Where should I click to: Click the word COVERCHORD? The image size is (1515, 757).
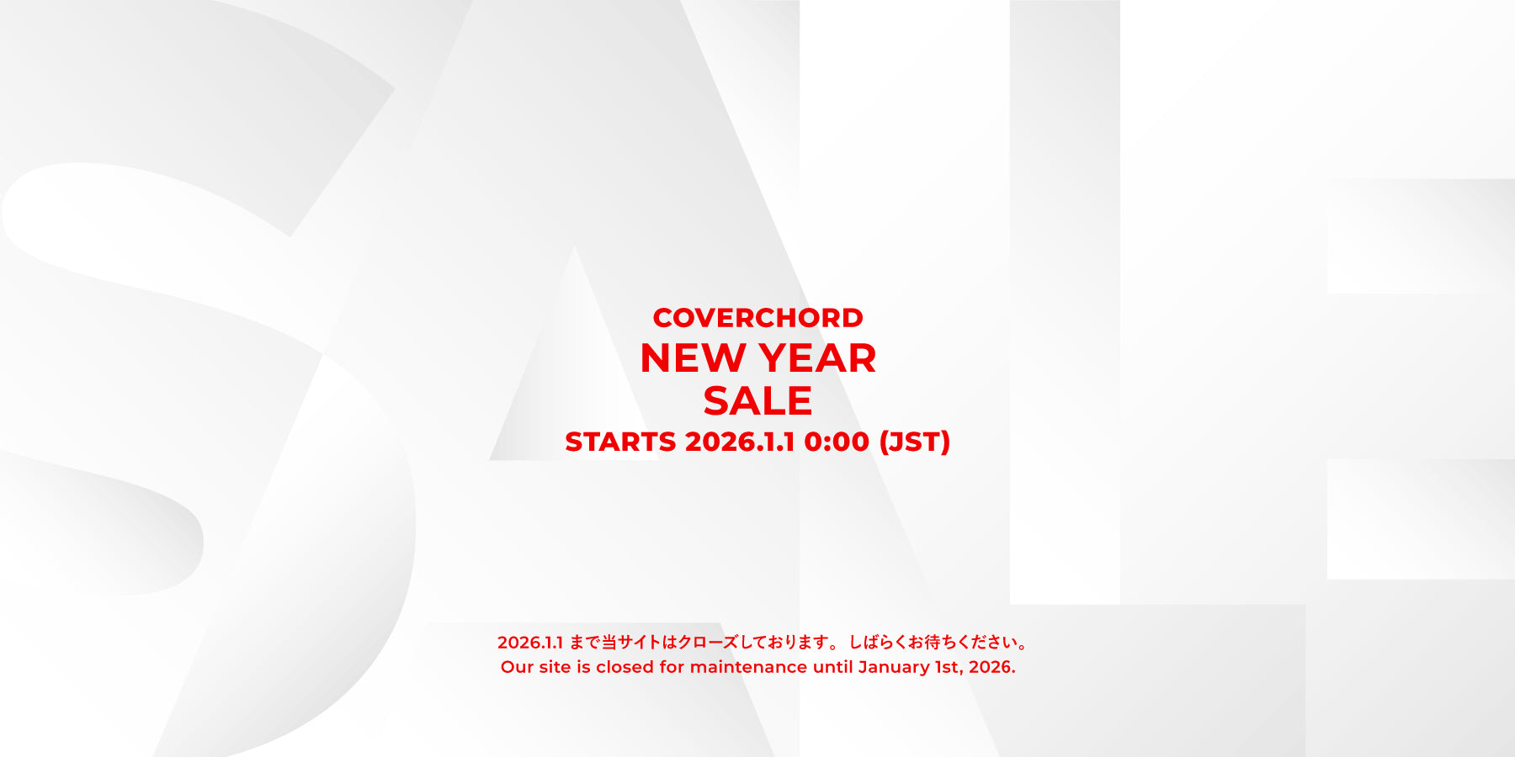(x=757, y=318)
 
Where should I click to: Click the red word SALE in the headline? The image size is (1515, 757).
(x=757, y=400)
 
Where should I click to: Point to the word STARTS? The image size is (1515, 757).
(x=620, y=442)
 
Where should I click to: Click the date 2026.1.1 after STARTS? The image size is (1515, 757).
(x=740, y=442)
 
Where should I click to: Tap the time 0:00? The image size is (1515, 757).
(x=837, y=442)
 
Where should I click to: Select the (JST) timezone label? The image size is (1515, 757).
(x=914, y=442)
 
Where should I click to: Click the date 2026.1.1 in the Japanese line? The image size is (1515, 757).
(x=530, y=643)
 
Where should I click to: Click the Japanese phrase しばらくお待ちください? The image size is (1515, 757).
(x=933, y=643)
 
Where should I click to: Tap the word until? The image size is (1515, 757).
(x=832, y=667)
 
